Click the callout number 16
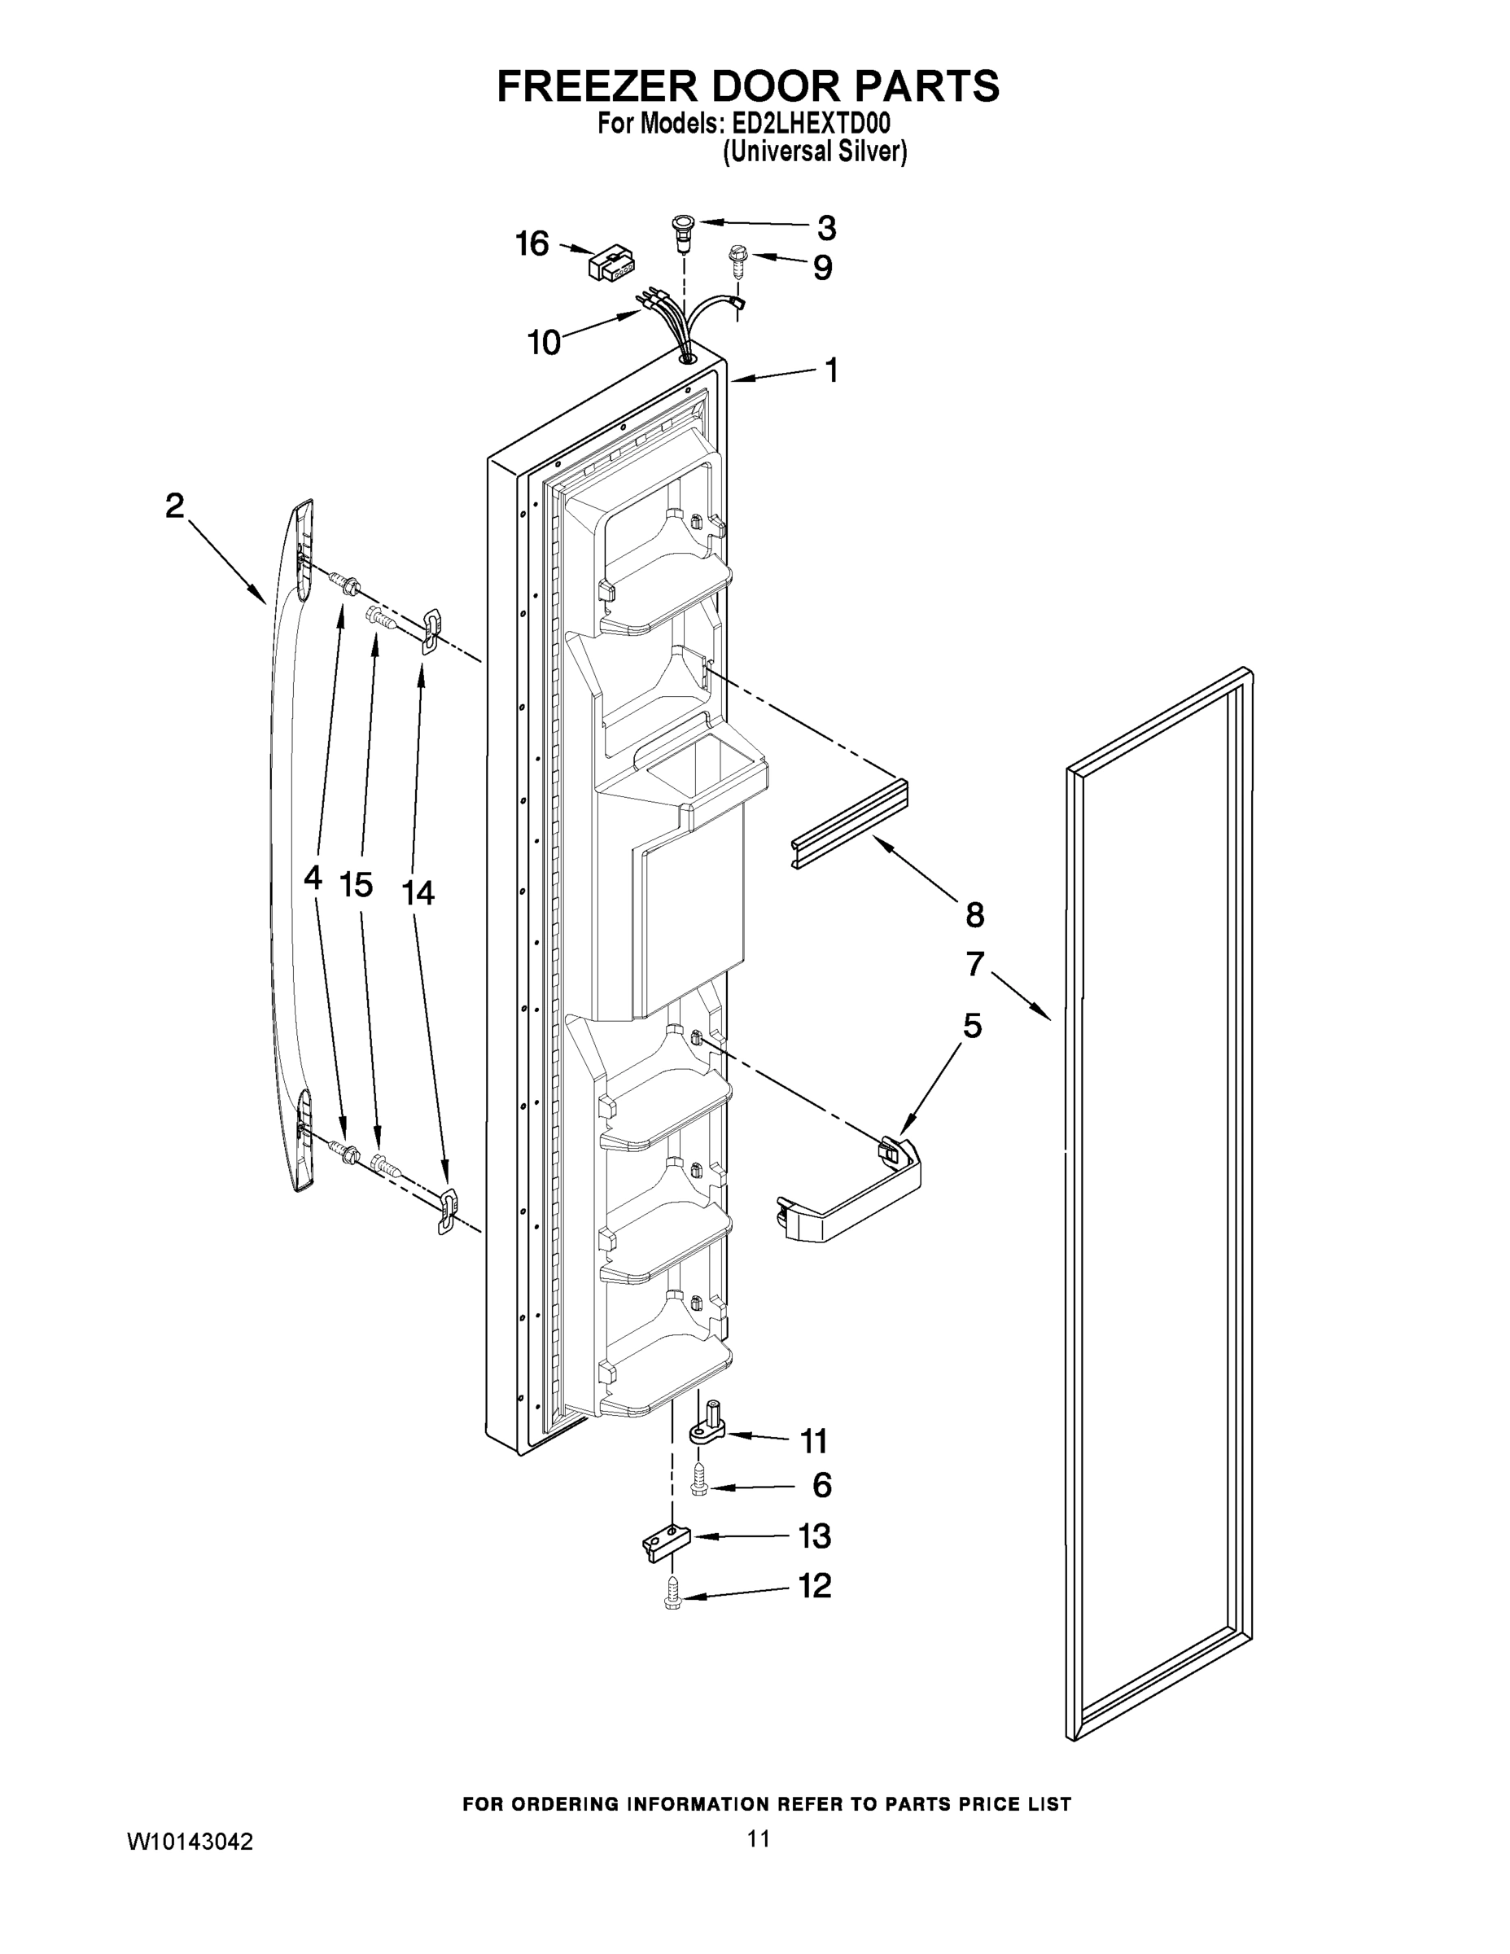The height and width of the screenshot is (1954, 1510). tap(532, 243)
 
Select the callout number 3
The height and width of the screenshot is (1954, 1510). tap(825, 228)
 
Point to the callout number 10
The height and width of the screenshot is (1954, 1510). tap(544, 342)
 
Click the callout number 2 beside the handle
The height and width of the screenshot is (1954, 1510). tap(174, 506)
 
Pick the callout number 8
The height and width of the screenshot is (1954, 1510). tap(975, 914)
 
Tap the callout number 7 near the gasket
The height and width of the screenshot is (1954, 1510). tap(975, 964)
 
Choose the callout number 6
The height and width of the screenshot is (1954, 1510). tap(821, 1486)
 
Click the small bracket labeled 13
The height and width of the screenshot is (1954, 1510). tap(668, 1543)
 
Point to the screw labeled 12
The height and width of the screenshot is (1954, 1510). tap(672, 1598)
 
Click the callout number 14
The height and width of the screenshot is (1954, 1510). tap(418, 892)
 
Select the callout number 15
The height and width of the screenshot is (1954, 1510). tap(356, 885)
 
